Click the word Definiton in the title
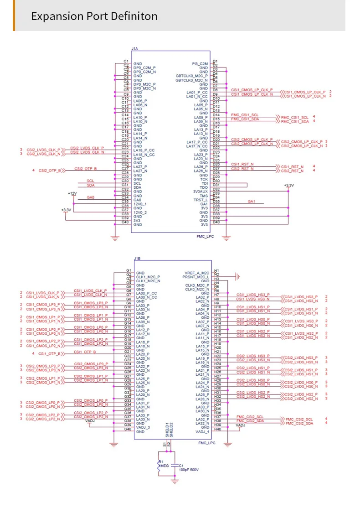134,16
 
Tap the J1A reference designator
135,48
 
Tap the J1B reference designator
137,259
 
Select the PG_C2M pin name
200,63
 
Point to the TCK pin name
204,179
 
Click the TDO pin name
204,187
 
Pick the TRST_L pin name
201,200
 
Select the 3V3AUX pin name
200,192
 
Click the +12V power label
72,194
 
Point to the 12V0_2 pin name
140,212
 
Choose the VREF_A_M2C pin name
197,273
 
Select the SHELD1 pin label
166,430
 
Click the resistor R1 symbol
159,466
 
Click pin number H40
217,429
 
